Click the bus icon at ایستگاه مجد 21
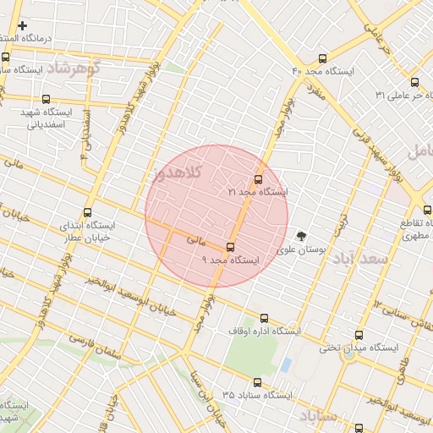[x=258, y=179]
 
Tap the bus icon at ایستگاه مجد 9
[x=231, y=247]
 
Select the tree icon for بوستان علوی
[x=302, y=236]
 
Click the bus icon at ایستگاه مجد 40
[x=322, y=58]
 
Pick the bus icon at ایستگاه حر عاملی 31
[x=414, y=83]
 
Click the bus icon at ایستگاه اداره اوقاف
[x=265, y=319]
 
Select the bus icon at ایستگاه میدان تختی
[x=359, y=335]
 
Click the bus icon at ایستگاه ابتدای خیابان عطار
[x=88, y=213]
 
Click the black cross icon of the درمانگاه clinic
[x=23, y=25]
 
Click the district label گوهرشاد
[x=73, y=67]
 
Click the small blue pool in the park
[x=286, y=365]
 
